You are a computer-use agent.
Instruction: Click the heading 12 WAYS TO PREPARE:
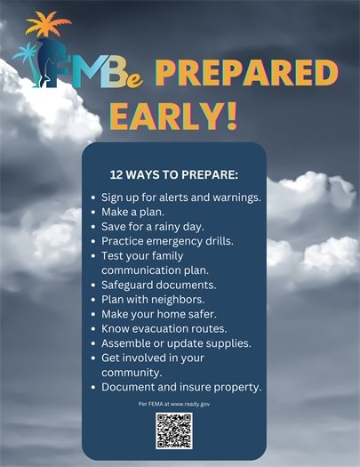pos(174,173)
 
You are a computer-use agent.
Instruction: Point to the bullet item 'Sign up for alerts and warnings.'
pos(180,197)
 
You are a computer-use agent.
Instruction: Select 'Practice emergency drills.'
pos(167,240)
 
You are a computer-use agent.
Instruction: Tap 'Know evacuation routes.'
pos(164,328)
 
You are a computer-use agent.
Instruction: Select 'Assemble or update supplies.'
pos(176,342)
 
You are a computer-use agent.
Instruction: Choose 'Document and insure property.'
pos(180,387)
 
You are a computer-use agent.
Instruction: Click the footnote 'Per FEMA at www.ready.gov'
pos(174,404)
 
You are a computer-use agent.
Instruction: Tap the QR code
pos(174,431)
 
